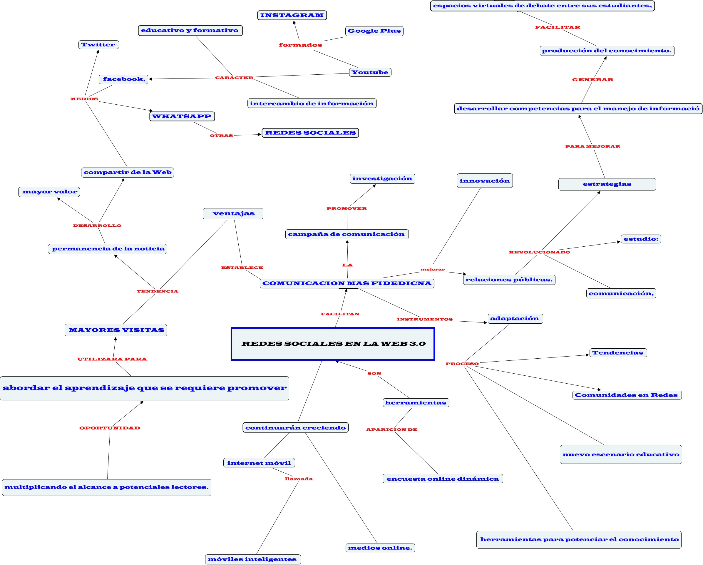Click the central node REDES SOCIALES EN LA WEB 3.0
point(333,344)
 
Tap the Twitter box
point(98,45)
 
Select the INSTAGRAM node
point(292,15)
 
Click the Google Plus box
point(374,31)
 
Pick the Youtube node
point(370,72)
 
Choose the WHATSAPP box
point(182,116)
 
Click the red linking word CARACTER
point(234,78)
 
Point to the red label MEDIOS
point(84,99)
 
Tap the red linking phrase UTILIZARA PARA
point(112,359)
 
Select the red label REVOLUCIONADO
point(540,252)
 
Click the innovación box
point(485,181)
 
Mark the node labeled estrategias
point(607,184)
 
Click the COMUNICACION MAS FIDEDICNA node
point(347,283)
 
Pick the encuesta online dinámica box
point(443,479)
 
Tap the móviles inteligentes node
point(252,559)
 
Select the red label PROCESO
point(462,364)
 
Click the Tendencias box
point(618,353)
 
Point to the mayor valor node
point(49,192)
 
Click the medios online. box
point(380,548)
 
